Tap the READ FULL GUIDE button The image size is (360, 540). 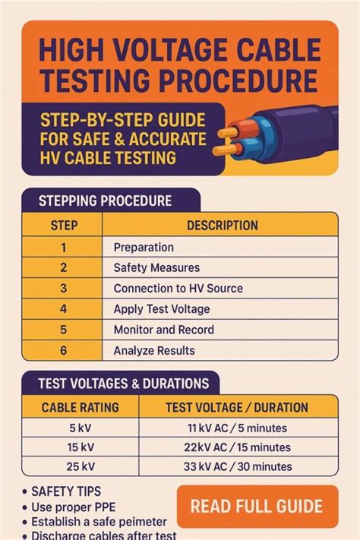(x=257, y=507)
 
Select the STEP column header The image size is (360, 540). (x=63, y=226)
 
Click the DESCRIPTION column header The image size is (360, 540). (x=222, y=226)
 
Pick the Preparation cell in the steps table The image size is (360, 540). (x=144, y=247)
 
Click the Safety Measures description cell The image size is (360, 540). (x=156, y=267)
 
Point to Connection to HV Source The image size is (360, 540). (x=178, y=289)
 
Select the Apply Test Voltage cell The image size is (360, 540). (x=162, y=309)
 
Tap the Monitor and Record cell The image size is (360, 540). (x=163, y=330)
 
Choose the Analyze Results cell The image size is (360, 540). (x=154, y=350)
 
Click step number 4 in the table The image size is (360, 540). (x=63, y=309)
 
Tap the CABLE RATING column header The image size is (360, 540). (x=80, y=407)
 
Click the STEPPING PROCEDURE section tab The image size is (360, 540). (x=105, y=201)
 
